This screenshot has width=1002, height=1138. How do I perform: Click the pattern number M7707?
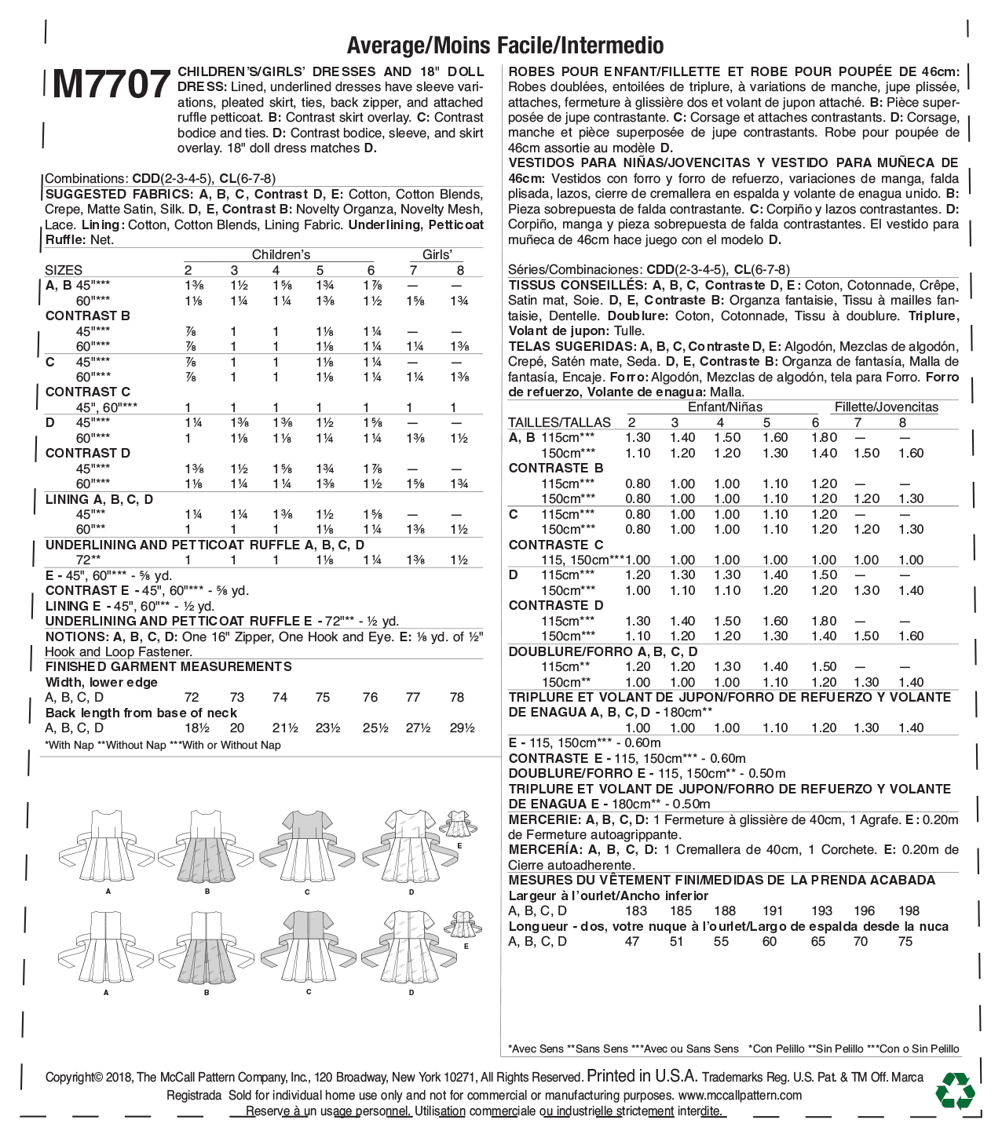(x=112, y=85)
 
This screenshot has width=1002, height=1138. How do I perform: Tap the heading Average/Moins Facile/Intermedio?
(x=505, y=46)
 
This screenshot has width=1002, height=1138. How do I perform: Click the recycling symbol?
(x=955, y=1090)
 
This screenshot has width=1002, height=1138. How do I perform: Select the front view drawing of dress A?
(x=107, y=847)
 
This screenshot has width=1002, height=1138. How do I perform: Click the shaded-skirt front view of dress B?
(x=207, y=847)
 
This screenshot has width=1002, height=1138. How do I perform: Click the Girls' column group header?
(x=437, y=254)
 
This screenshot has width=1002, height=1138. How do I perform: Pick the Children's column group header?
(x=281, y=254)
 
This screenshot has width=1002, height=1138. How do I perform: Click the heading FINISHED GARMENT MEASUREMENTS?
(x=169, y=666)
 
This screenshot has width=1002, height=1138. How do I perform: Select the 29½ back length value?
(x=463, y=728)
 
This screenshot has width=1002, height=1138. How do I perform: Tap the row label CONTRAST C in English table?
(x=88, y=392)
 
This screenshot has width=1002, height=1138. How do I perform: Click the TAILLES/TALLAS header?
(x=559, y=422)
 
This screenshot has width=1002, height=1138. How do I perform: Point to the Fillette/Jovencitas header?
(x=887, y=407)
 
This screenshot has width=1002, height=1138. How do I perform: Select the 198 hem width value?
(x=909, y=910)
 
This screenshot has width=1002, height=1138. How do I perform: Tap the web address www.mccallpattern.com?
(x=740, y=1095)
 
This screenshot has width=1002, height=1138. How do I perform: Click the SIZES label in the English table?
(x=64, y=270)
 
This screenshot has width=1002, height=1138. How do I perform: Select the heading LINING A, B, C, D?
(x=100, y=499)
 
